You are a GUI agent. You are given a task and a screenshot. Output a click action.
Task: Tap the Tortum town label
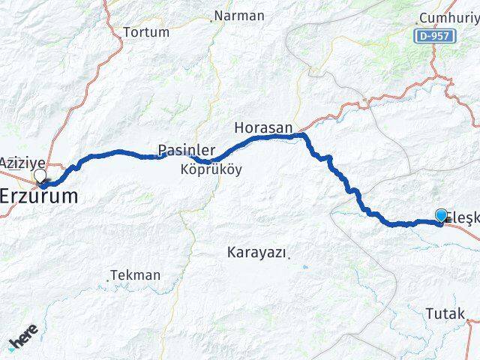click(x=145, y=32)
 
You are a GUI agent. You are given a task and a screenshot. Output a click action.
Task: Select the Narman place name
click(x=239, y=16)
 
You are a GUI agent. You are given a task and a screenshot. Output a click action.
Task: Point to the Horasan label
click(x=262, y=127)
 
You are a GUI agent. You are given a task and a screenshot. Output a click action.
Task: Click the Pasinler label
click(x=187, y=150)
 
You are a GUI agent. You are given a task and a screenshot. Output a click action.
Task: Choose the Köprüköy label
click(x=211, y=170)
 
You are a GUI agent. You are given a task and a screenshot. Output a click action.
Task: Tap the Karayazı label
click(x=256, y=253)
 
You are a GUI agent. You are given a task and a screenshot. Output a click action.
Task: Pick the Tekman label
click(x=136, y=275)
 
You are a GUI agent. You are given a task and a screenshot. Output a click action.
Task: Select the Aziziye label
click(x=22, y=163)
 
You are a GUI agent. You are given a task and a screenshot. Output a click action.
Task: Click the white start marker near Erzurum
click(x=40, y=176)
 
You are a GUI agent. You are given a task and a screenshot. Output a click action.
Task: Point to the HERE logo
click(x=22, y=341)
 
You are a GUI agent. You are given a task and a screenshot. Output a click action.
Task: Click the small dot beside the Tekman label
click(x=109, y=276)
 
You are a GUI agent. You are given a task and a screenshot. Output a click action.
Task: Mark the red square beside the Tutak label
click(x=469, y=320)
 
